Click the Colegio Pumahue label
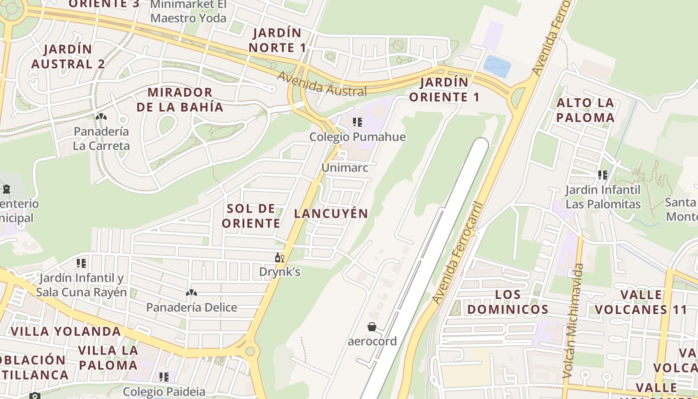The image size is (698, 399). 357,137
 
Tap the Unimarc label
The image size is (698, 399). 345,168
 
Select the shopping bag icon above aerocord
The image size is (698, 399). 372,327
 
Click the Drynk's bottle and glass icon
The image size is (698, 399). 280,258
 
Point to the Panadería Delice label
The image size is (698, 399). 191,307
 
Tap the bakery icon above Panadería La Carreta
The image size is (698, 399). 101,117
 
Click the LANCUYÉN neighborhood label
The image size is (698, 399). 331,213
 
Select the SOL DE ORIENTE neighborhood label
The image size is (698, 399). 251,215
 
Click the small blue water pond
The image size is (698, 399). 497,66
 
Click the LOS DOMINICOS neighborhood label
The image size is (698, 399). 508,302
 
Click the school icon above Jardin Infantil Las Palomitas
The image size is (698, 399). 603,175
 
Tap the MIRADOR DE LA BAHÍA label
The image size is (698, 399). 179,99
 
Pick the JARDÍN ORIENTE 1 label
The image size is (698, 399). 444,89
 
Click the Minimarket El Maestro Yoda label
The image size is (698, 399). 188,11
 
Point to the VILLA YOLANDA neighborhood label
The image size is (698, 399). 66,331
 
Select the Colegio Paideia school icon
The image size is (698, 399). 164,377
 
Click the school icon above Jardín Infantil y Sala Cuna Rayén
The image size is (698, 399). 81,263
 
